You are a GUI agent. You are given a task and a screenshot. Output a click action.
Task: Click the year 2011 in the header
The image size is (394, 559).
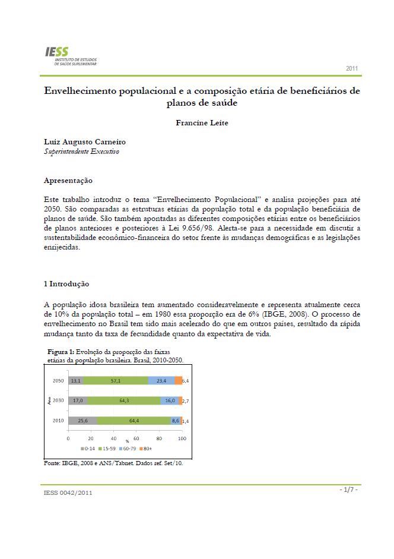(x=352, y=69)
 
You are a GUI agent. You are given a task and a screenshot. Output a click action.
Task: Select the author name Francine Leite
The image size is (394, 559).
(x=202, y=124)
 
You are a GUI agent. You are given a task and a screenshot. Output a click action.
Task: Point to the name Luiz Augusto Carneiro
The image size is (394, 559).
(x=85, y=142)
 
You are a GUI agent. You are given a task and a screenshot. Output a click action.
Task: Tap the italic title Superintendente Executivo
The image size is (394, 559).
(x=82, y=151)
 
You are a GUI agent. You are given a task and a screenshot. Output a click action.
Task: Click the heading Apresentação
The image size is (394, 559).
(x=68, y=180)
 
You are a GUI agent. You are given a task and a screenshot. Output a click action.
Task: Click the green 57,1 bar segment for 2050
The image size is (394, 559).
(x=115, y=380)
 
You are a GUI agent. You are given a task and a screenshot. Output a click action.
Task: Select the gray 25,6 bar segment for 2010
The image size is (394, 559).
(x=82, y=421)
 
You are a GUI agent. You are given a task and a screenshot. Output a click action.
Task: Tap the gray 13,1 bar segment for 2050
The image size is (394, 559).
(x=75, y=380)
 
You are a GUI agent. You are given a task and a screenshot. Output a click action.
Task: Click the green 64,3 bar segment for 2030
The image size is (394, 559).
(x=124, y=400)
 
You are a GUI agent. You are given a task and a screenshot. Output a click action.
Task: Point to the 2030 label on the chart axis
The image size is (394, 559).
(x=58, y=400)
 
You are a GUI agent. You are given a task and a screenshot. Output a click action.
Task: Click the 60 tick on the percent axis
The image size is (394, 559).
(x=136, y=438)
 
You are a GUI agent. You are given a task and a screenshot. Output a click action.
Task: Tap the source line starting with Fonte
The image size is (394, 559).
(x=113, y=463)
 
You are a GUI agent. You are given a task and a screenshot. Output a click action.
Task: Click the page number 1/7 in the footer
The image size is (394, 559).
(x=348, y=489)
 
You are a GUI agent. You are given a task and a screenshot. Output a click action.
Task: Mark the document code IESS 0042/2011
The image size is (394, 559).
(x=68, y=492)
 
